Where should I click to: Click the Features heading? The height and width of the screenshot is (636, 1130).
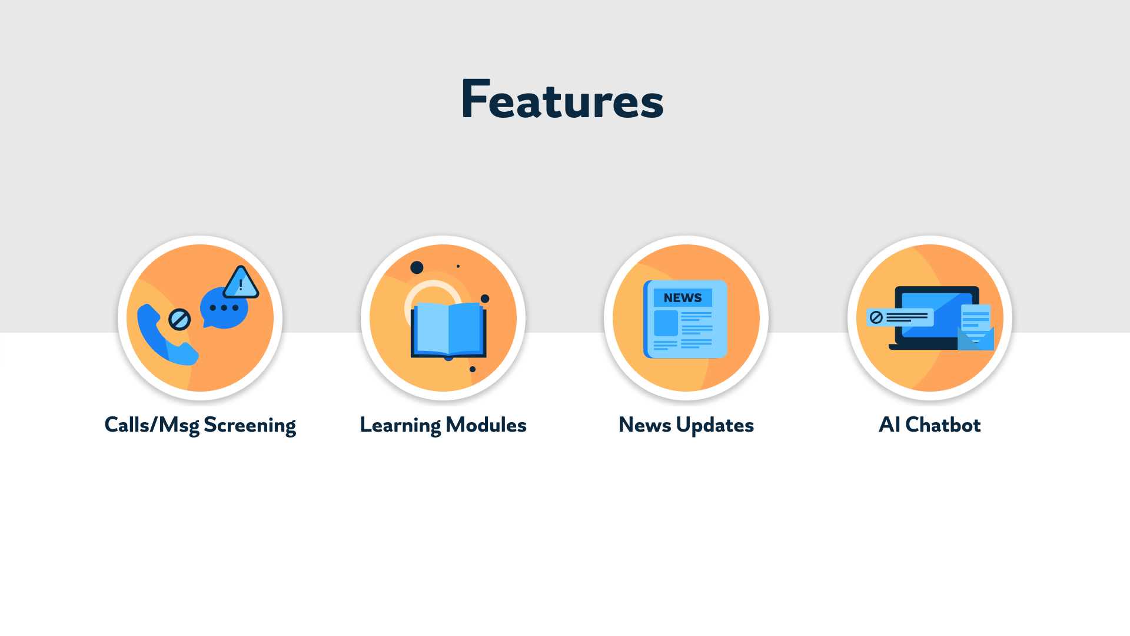coord(562,100)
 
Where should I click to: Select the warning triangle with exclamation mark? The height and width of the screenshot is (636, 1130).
coord(241,283)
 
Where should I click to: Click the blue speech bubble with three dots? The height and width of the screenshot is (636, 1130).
coord(224,308)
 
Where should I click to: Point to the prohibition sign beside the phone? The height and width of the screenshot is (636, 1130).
coord(180,320)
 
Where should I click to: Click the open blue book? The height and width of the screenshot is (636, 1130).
coord(448,330)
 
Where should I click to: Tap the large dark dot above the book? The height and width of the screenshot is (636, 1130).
coord(417,267)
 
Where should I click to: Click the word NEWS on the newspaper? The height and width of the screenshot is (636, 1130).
coord(683,298)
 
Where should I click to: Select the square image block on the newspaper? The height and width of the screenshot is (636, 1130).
coord(666,323)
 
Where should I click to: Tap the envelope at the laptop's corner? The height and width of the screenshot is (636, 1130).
coord(976,338)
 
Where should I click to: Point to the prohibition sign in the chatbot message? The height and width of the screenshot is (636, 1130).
coord(876,317)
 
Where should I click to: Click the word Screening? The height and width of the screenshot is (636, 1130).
coord(250,425)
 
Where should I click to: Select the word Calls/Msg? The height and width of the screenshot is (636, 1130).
coord(151,425)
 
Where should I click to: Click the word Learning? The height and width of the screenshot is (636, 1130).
coord(400,425)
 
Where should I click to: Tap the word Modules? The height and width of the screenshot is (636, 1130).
coord(486,425)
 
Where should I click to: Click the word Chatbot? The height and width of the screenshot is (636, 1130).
coord(943,425)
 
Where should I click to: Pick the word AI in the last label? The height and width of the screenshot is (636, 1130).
coord(889,425)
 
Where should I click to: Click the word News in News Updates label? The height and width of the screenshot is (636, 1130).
coord(644,425)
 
